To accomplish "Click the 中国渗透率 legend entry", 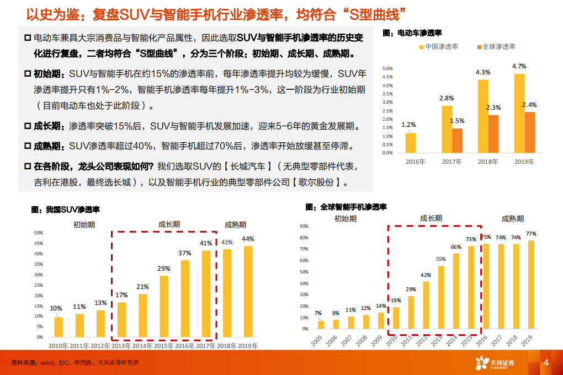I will tap(438, 47).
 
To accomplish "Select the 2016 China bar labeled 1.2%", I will tap(410, 143).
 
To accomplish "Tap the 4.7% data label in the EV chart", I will tap(519, 66).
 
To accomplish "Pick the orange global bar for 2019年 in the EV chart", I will tap(529, 132).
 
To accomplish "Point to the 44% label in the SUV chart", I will tap(248, 239).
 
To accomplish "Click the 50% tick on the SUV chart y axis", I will tap(39, 233).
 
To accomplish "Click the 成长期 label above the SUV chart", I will tap(169, 224).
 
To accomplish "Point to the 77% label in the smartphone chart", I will tap(530, 234).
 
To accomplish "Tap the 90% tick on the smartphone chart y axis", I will tap(303, 226).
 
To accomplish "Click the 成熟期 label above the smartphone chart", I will tap(513, 218).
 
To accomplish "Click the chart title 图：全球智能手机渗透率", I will tap(346, 207).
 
